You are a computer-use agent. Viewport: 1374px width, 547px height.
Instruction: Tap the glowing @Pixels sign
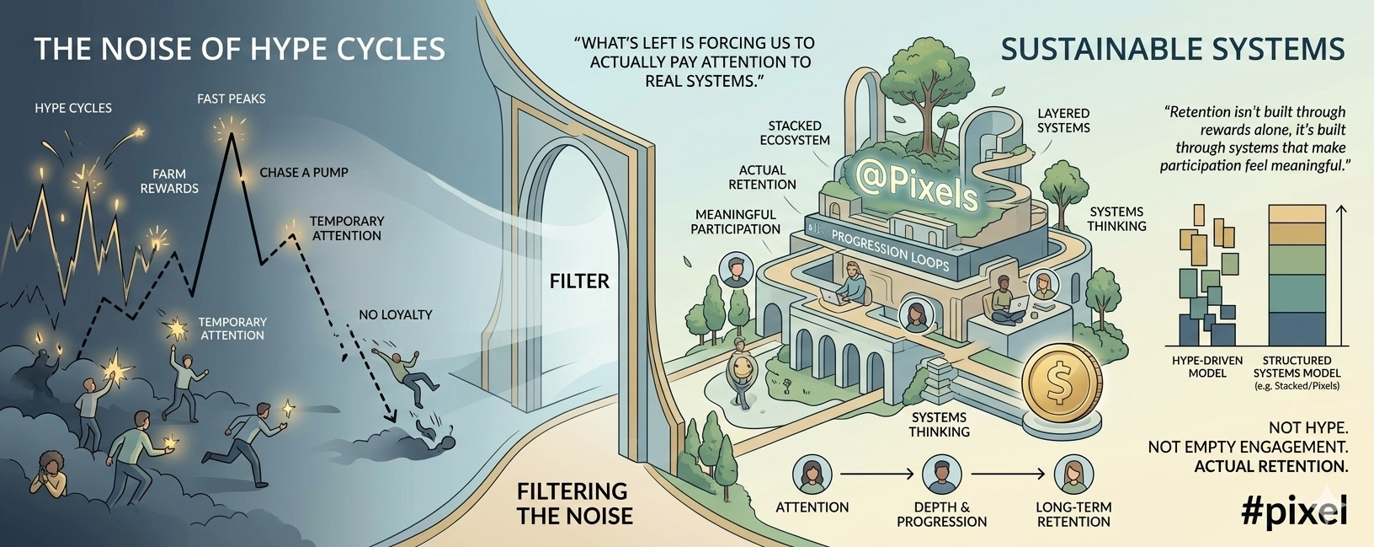(x=916, y=184)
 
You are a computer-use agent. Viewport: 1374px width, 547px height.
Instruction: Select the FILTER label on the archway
(x=579, y=281)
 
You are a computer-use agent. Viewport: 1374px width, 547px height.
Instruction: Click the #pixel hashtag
(x=1294, y=511)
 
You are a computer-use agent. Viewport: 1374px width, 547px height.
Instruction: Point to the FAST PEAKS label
(x=231, y=99)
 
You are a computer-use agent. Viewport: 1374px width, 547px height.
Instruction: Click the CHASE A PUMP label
(x=303, y=172)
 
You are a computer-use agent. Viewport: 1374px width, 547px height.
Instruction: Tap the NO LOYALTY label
(x=395, y=314)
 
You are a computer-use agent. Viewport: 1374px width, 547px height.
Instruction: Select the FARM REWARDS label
(x=169, y=181)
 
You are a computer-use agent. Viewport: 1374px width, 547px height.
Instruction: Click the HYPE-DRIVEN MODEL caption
(x=1206, y=367)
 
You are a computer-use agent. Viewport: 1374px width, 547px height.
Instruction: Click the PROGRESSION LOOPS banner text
(x=890, y=250)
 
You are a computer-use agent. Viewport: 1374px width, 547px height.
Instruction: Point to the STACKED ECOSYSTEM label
(x=794, y=133)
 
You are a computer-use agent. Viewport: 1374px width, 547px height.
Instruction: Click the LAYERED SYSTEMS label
(x=1063, y=121)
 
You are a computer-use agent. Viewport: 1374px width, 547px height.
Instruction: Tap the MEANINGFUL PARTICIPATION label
(x=735, y=222)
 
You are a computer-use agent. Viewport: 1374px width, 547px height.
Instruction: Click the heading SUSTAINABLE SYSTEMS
(x=1172, y=49)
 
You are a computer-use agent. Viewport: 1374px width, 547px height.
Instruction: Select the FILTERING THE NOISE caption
(x=574, y=503)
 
